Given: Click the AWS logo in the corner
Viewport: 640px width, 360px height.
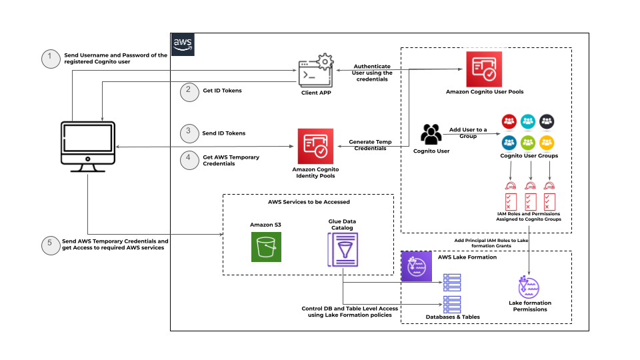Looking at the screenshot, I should point(182,43).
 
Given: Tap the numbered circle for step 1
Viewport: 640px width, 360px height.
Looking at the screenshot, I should point(49,59).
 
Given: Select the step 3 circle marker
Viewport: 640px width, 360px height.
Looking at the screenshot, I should point(190,133).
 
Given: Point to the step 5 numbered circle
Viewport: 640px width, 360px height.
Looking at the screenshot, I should point(49,245).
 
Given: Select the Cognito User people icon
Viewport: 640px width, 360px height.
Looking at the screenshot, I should point(431,133).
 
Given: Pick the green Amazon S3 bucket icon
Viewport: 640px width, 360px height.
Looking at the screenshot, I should point(266,246).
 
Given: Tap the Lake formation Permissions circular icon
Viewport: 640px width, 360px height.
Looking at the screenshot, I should point(529,287).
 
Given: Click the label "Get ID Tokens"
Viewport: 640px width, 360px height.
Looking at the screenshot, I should point(222,91).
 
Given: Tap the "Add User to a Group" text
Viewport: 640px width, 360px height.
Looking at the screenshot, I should point(467,132).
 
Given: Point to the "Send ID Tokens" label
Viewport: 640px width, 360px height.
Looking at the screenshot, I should point(224,133).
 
